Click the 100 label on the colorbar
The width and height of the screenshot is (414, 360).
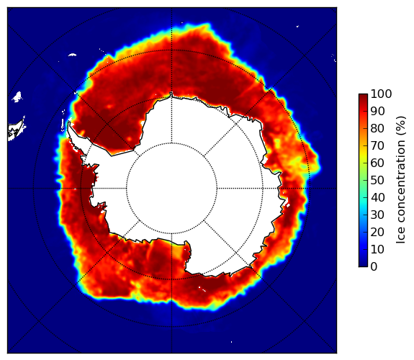(381, 94)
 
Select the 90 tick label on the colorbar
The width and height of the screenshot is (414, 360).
(377, 111)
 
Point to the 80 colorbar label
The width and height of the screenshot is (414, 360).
(377, 128)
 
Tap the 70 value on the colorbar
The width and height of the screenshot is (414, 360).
(377, 145)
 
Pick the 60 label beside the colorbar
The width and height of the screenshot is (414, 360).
(377, 163)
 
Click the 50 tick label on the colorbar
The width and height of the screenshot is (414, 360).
(377, 181)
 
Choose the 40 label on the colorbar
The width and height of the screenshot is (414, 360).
(377, 197)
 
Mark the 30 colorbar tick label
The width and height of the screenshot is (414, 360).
(377, 215)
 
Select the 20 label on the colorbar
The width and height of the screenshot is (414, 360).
(377, 232)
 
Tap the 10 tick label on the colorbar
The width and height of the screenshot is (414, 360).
(377, 249)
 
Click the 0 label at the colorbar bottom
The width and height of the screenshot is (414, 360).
(374, 267)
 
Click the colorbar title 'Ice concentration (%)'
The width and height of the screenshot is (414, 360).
(401, 180)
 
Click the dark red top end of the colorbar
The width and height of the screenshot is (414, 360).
(363, 95)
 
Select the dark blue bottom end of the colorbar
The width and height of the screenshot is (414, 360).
(363, 265)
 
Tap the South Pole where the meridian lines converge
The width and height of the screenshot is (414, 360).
(171, 189)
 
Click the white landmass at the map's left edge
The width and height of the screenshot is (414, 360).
(17, 131)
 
